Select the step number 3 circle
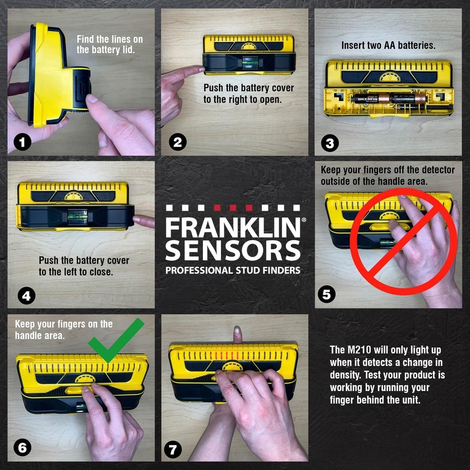[x=329, y=143]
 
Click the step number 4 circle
[x=26, y=296]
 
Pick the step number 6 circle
[x=22, y=448]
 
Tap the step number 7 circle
[x=172, y=450]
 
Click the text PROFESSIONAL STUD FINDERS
[x=233, y=270]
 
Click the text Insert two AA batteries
[x=388, y=46]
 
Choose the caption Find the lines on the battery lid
[x=110, y=44]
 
